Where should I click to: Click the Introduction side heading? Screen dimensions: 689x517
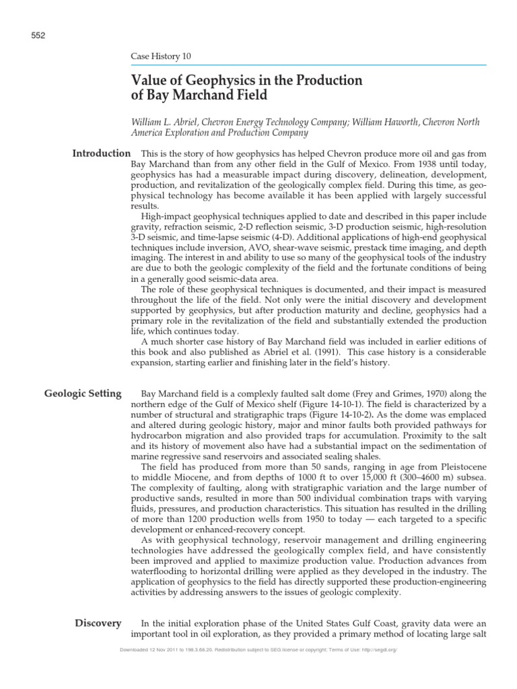pyautogui.click(x=101, y=154)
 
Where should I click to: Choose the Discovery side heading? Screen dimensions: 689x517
pyautogui.click(x=98, y=623)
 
